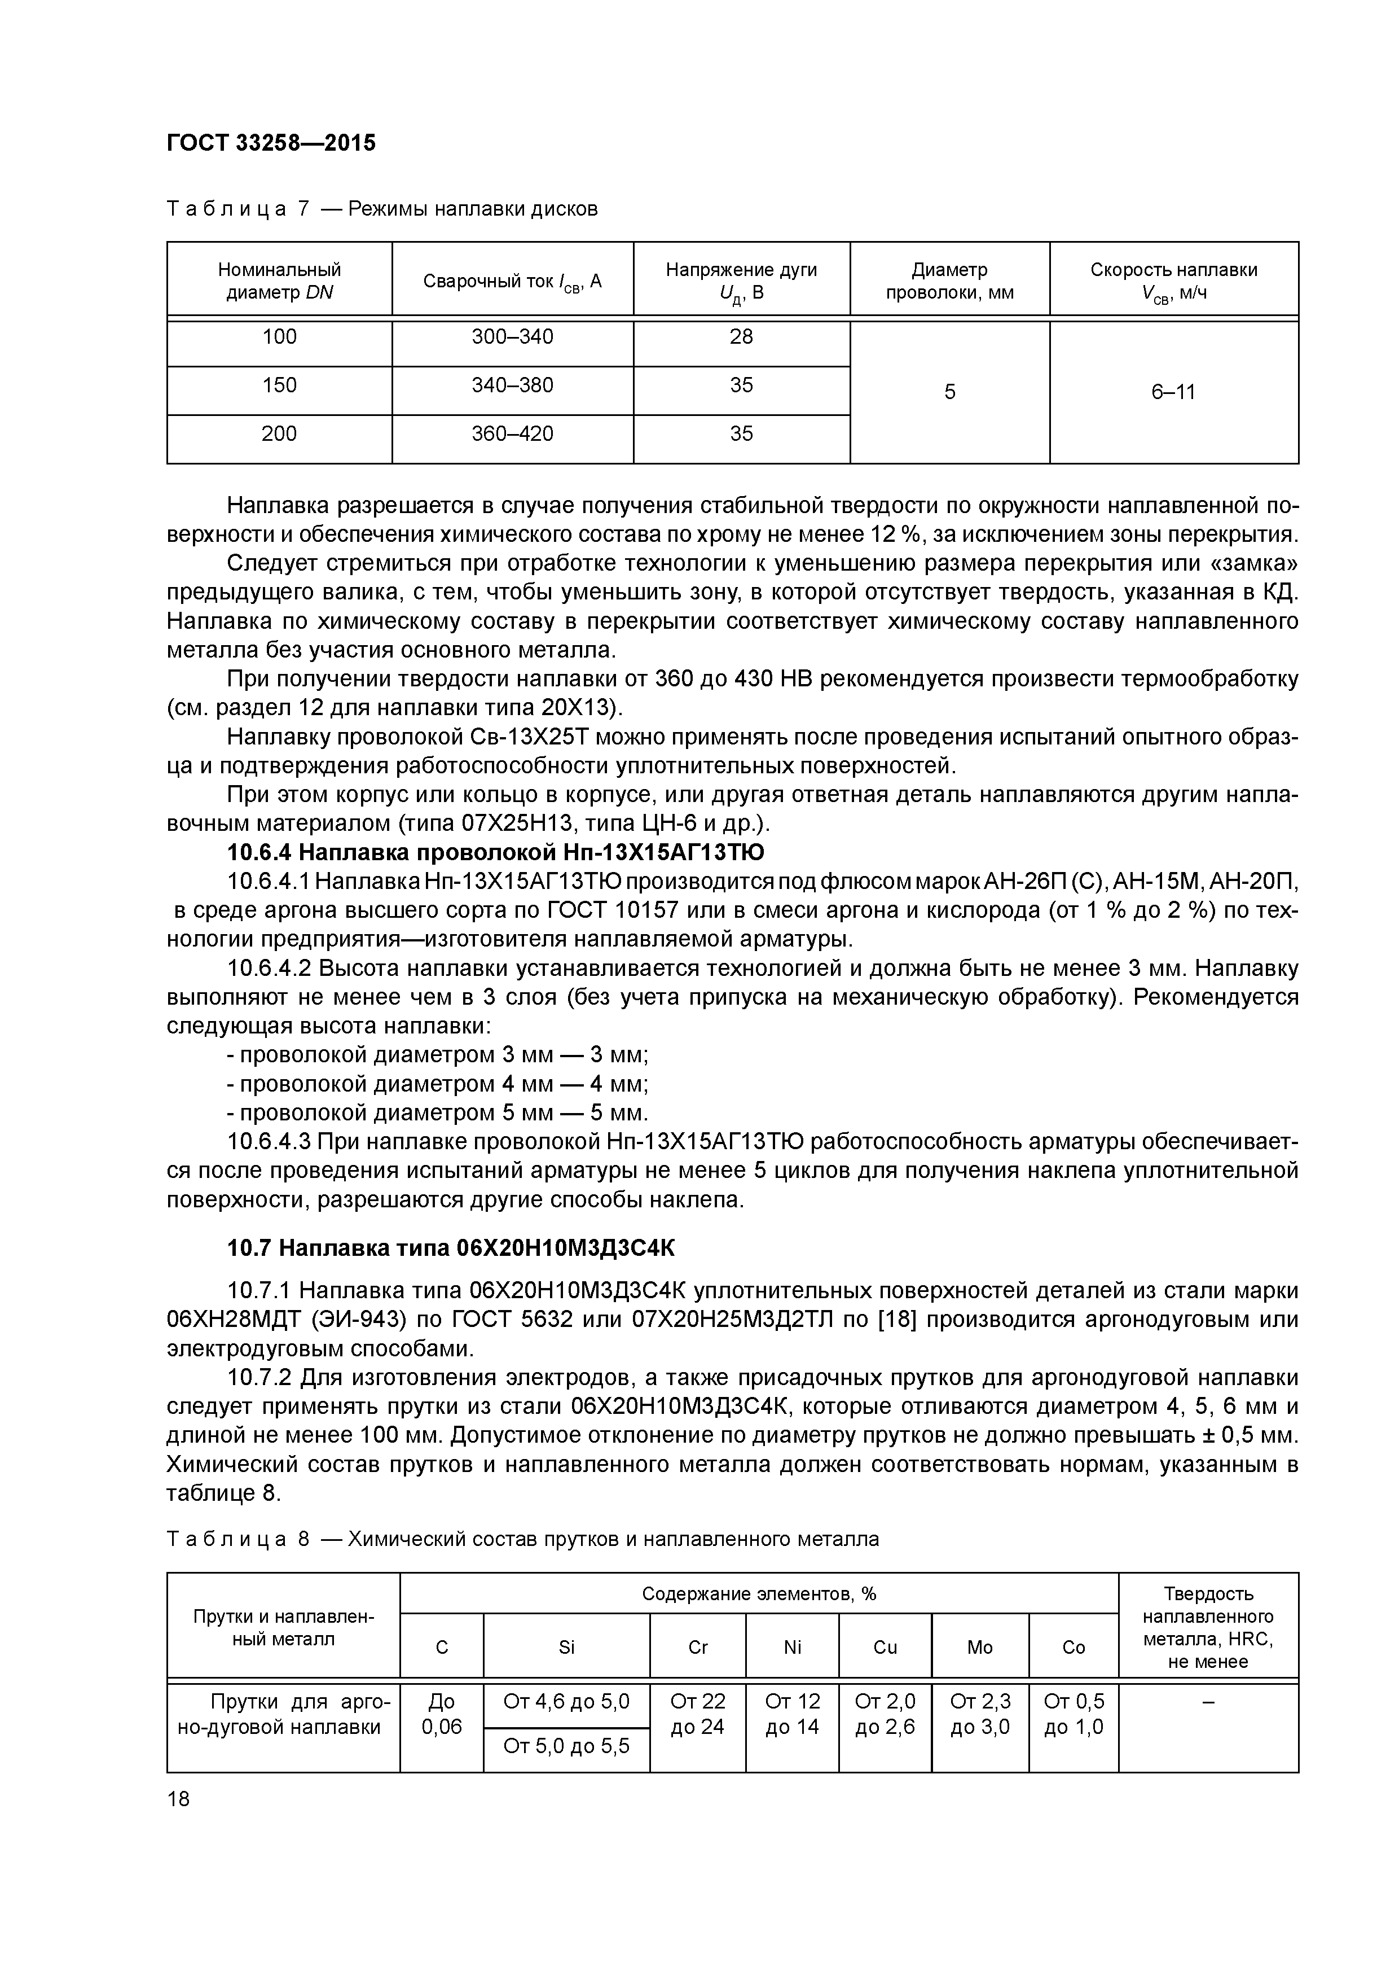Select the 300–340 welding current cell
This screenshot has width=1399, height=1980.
click(512, 337)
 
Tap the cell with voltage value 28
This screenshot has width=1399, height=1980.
click(741, 337)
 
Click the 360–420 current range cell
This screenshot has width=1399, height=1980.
click(512, 434)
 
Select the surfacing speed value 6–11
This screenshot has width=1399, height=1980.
click(1173, 392)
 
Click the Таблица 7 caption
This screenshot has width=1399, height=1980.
click(382, 209)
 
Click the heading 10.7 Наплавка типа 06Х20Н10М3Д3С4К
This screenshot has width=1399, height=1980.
click(452, 1248)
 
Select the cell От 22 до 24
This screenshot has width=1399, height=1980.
click(697, 1714)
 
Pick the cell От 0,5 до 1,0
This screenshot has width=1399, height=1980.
click(1073, 1714)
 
